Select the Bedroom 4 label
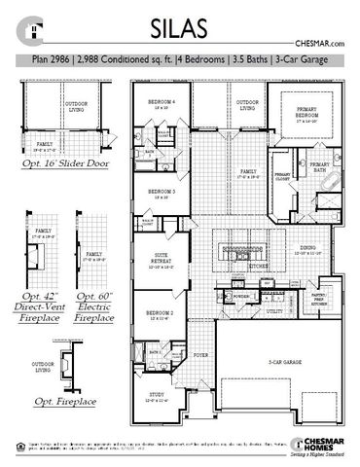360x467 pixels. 161,103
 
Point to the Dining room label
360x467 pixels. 306,248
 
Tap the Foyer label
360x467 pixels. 202,357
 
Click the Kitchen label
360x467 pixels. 258,265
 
